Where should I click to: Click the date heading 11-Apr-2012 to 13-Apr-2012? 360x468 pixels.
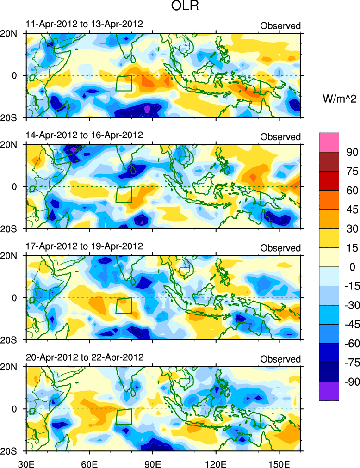coord(84,24)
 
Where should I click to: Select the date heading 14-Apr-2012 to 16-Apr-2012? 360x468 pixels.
coord(84,135)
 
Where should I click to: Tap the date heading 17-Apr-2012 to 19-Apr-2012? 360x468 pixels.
coord(84,246)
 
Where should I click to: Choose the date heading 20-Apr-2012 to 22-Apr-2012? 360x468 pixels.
coord(84,357)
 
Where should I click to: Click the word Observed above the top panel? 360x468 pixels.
coord(280,25)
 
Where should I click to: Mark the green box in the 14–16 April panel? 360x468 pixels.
coord(124,194)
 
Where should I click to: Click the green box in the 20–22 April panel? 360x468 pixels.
coord(124,416)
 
